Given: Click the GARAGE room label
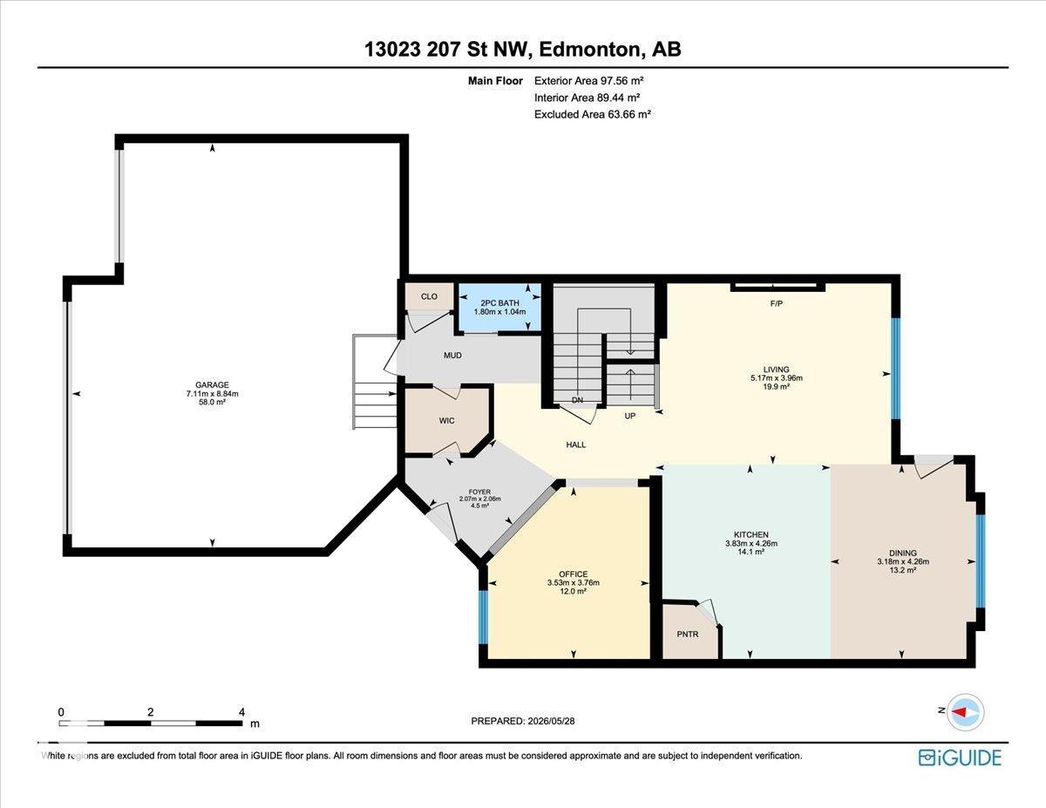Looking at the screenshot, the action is coord(212,385).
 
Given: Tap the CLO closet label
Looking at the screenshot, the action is coord(429,296).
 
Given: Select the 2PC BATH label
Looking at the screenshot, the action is coord(499,303).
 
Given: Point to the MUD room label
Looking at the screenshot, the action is coord(452,355).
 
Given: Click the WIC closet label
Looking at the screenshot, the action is coord(446,421).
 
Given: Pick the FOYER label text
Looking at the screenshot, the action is coord(479,492).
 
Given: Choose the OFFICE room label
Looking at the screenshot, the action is coord(574,574).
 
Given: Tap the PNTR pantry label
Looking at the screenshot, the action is coord(688,635).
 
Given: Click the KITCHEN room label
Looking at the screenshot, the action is coord(751,534).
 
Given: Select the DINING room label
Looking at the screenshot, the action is coord(903,553).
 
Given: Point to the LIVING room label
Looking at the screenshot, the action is coord(777,370).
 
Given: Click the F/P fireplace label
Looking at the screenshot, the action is coord(777,303).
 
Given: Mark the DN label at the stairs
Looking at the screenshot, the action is coord(577,400).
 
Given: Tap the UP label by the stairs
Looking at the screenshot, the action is coord(629,416).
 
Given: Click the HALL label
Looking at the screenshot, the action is coord(575,445).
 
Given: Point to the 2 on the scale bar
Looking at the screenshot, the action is coord(151,712).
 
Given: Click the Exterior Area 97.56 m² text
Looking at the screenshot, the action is coord(589,80).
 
